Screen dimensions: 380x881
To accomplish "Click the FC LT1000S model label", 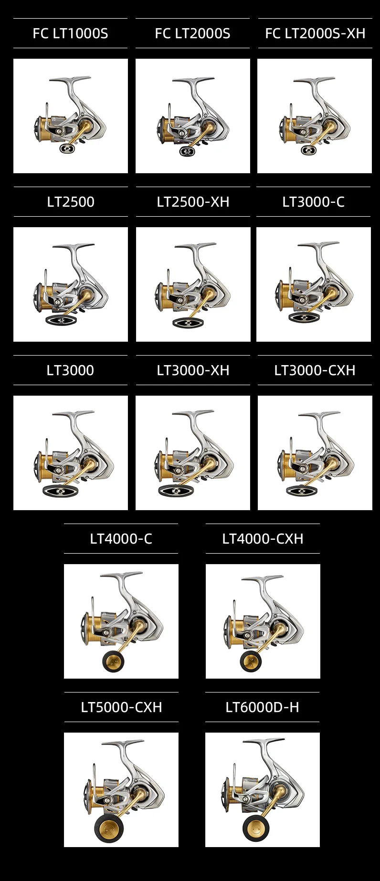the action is coord(70,33).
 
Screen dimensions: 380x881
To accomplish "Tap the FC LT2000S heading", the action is coord(192,33).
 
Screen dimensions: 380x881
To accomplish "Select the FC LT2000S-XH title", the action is coord(315,33).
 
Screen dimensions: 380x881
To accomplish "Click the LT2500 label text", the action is coord(71,202).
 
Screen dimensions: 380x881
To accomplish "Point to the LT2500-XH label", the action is coord(193,202).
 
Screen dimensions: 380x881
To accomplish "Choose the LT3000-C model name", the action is coord(313,202).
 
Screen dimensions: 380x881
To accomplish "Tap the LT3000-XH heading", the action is coord(193,370).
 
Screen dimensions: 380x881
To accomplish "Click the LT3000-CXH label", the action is coord(315,370).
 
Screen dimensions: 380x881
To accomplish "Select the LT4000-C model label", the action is coord(121,539).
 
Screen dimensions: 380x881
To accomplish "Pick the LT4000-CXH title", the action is coord(263,539).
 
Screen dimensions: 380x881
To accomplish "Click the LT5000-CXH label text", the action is coord(121,707).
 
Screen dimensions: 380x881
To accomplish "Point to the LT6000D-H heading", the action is coord(262,707).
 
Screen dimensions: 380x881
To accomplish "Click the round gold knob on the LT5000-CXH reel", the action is coord(109,829).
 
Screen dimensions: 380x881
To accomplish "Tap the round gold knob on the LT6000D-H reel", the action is coord(256,828).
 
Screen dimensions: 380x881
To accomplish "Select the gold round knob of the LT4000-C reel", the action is coord(113,661).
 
